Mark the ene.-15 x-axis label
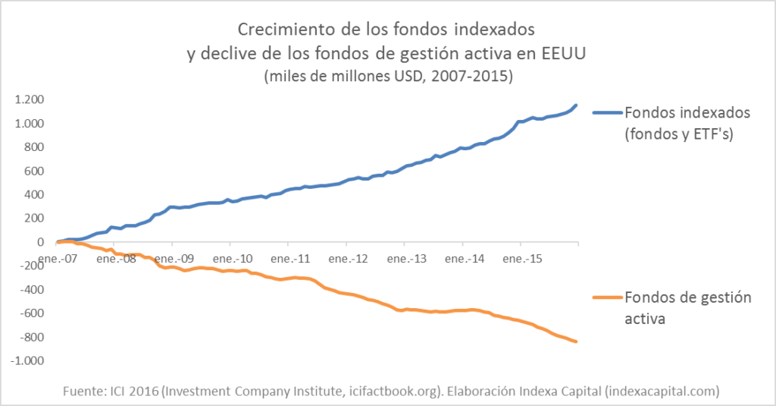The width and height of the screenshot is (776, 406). [520, 259]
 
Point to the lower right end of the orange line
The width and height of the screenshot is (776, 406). [577, 342]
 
